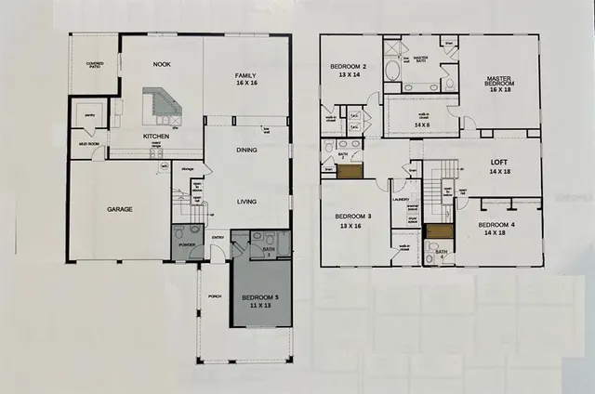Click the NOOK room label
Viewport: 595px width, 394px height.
tap(161, 65)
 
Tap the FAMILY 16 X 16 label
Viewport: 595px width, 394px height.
tap(246, 79)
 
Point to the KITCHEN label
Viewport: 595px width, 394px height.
tap(155, 136)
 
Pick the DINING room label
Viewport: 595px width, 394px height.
tap(246, 150)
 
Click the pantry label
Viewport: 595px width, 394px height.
tap(91, 116)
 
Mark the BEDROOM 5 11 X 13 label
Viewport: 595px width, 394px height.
tap(260, 301)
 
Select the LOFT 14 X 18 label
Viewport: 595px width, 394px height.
tap(499, 167)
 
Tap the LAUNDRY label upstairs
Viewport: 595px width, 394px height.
tap(403, 199)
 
